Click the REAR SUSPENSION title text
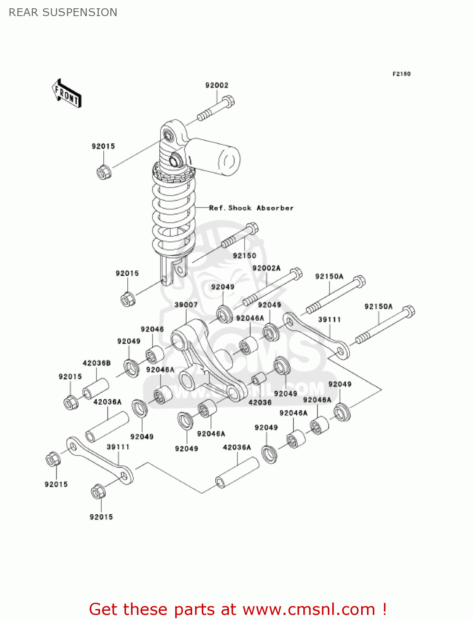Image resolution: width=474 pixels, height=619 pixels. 63,12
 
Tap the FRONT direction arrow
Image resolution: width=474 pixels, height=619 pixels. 66,94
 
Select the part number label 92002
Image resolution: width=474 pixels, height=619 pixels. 217,85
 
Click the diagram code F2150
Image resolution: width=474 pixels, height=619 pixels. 401,74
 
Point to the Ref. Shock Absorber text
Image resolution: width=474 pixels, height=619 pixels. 251,208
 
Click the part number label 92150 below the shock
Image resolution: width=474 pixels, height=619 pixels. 244,256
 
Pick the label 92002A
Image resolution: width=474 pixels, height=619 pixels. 266,268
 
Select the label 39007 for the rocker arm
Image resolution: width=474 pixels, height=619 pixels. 186,305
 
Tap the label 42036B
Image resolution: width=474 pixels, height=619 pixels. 96,363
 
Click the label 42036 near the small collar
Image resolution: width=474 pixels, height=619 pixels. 260,402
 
